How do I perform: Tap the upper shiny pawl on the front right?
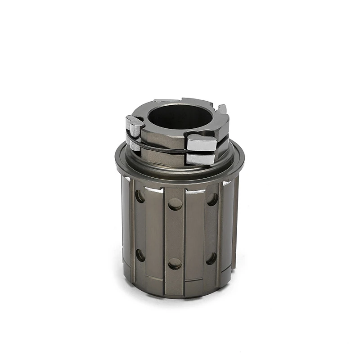coord(202,143)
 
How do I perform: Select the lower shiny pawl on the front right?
coord(201,158)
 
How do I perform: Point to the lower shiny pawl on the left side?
coord(133,143)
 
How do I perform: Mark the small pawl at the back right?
coord(222,109)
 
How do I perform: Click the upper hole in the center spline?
coord(175,204)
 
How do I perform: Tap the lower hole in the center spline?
coord(175,263)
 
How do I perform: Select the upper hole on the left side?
coord(140,196)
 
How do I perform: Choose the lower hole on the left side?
coord(140,255)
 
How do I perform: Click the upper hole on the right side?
coord(212,199)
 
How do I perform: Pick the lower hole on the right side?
coord(211,258)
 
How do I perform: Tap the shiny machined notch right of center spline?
coord(195,191)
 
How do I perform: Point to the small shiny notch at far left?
coord(127,180)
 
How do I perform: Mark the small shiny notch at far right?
coord(226,183)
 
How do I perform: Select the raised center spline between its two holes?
coord(175,234)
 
